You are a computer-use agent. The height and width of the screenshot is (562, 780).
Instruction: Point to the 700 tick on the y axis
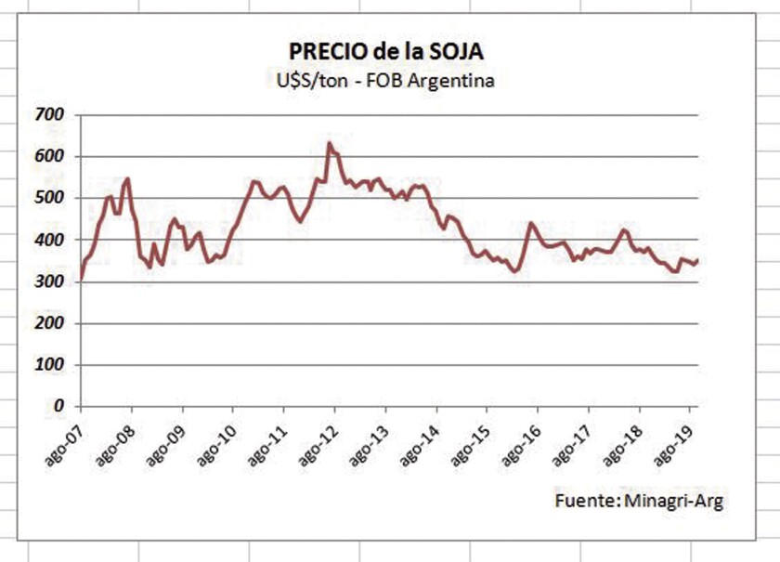(x=48, y=114)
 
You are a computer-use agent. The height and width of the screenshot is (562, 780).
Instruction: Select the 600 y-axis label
(x=48, y=156)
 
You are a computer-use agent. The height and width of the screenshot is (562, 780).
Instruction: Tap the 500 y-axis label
(x=48, y=198)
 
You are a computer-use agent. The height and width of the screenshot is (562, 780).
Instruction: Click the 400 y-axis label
(x=48, y=240)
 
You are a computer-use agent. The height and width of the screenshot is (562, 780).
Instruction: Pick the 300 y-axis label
(x=48, y=281)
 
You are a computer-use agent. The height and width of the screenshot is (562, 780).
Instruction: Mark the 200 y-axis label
(x=48, y=323)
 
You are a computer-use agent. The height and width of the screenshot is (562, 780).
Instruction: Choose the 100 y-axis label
(x=48, y=365)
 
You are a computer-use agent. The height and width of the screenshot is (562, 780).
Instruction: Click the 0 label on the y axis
(x=58, y=406)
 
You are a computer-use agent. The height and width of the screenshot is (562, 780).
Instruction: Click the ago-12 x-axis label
(x=317, y=438)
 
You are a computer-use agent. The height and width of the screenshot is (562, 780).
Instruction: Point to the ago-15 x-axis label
(x=469, y=438)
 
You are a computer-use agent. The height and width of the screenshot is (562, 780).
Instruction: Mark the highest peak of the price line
(x=329, y=143)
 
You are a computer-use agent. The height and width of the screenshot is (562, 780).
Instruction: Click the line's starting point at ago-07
(x=82, y=278)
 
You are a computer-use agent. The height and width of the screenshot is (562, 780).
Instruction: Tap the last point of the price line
(x=697, y=261)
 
